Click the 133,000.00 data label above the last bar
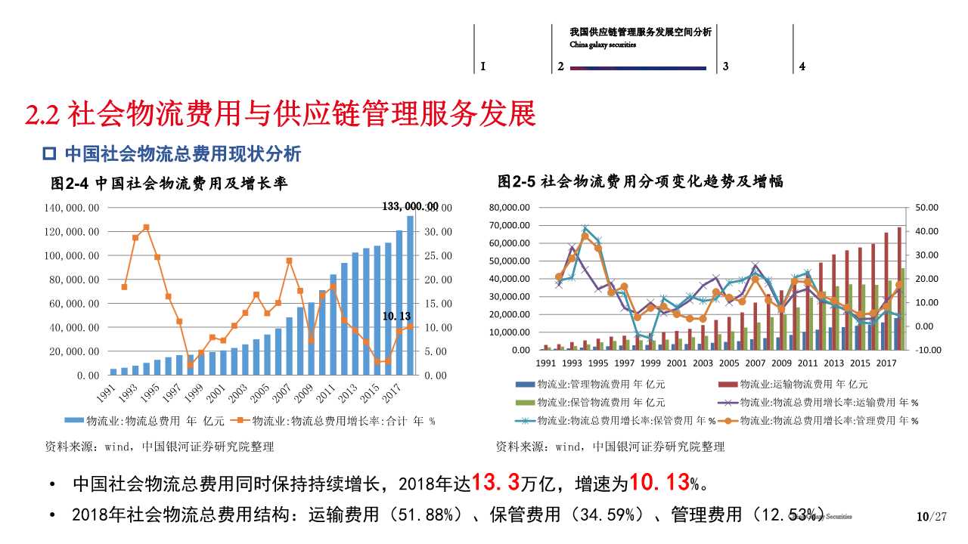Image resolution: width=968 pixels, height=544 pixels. pos(410,206)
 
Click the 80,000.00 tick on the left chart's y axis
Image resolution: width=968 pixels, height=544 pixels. pos(72,280)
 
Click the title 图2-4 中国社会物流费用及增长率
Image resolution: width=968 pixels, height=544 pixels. pos(169,183)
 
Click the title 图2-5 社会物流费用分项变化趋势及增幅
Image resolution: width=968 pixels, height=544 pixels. pos(641,181)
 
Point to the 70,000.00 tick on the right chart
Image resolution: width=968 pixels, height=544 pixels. pos(510,225)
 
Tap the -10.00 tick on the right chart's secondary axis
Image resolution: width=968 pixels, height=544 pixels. pos(926,350)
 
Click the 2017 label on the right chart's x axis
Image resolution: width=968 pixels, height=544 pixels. pos(886,363)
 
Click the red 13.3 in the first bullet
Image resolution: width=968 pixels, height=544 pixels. pos(495,482)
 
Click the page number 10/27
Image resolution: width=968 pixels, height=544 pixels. pos(931,517)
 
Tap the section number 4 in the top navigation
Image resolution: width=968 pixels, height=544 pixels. pos(802,66)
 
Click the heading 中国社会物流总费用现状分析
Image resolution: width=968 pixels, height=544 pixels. pos(182,154)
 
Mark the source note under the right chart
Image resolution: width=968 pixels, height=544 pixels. pos(610,447)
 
